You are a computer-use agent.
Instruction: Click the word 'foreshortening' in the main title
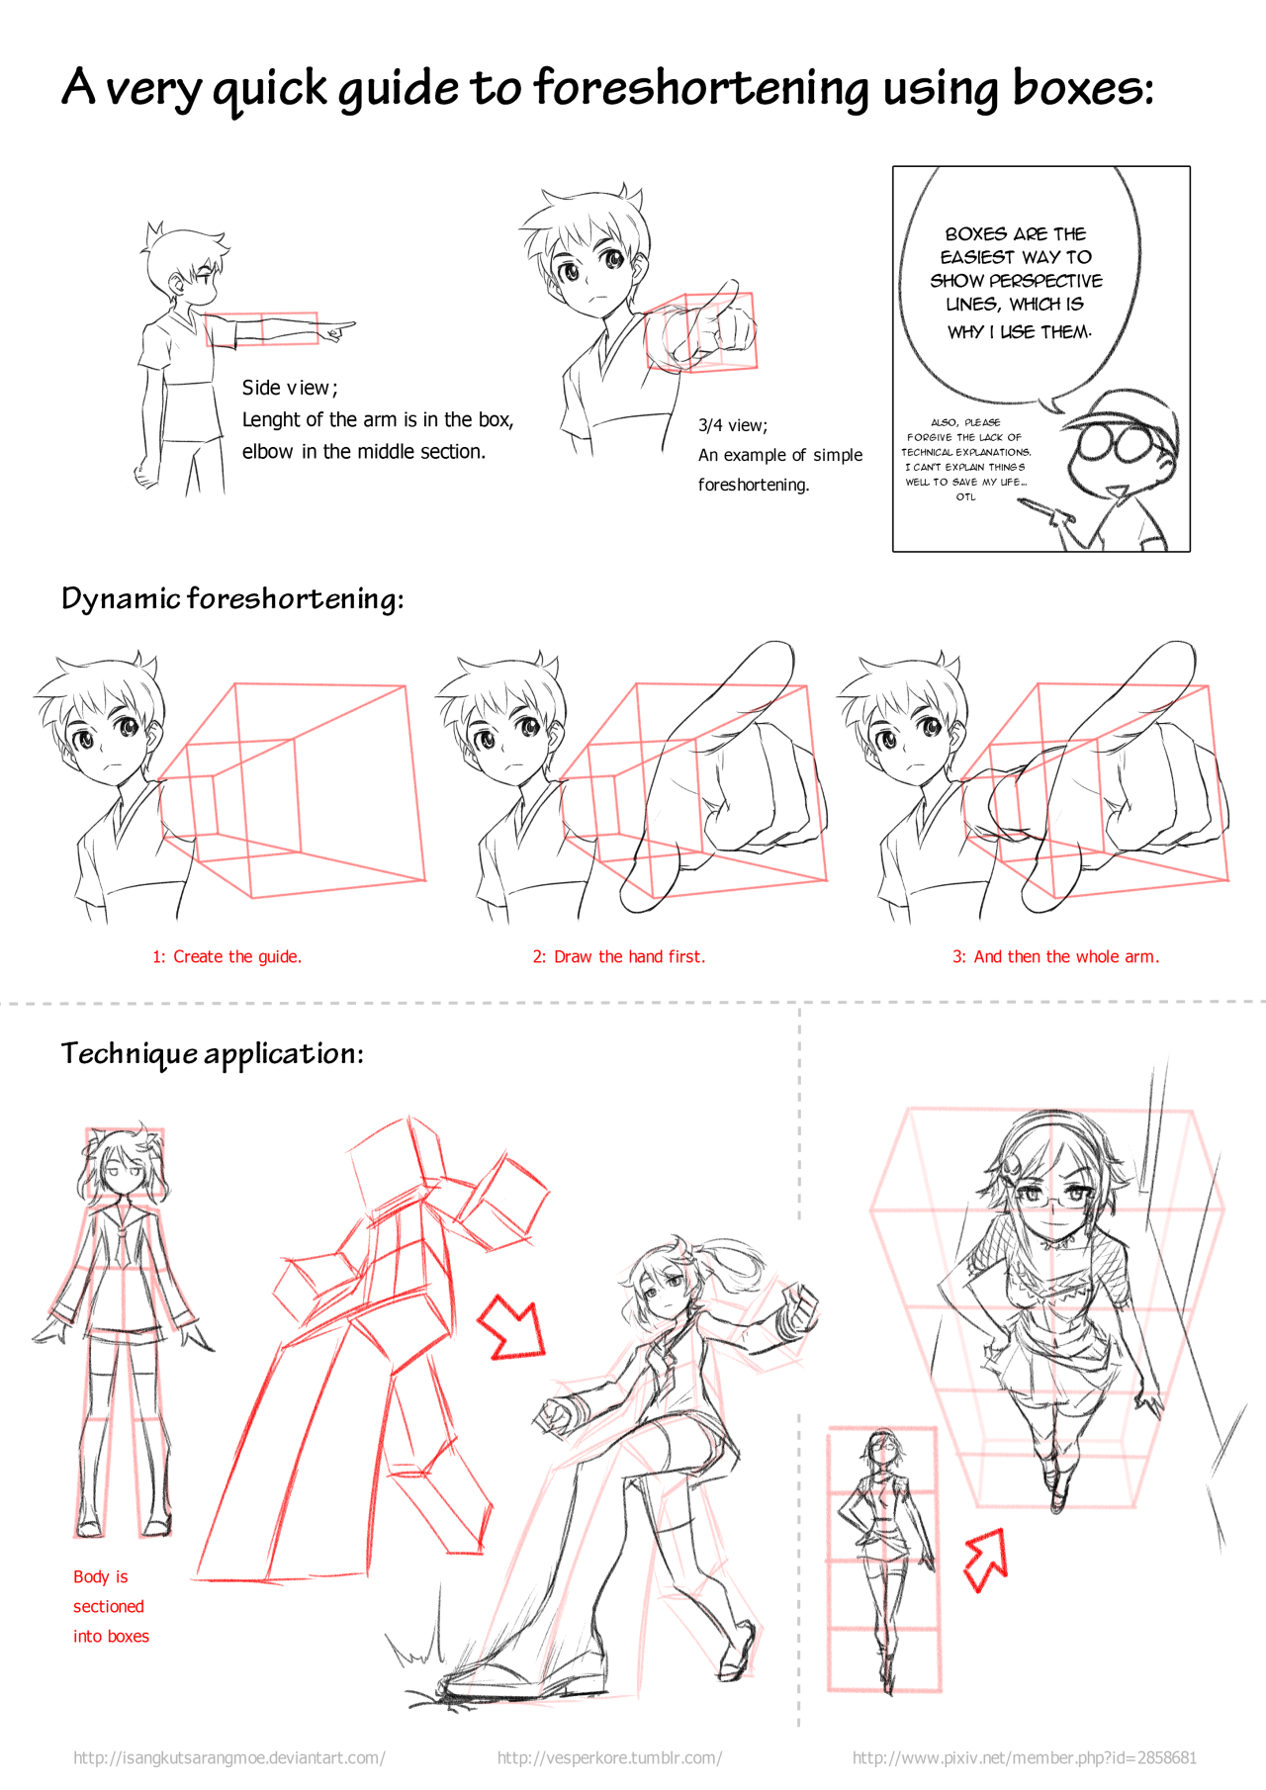pos(701,89)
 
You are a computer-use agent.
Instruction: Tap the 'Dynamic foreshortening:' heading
pos(232,599)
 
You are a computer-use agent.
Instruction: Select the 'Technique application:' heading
pos(213,1054)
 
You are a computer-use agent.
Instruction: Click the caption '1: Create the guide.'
pos(227,956)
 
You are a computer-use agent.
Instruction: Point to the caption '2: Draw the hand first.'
pos(619,956)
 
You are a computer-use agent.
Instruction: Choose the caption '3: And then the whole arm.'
pos(1056,956)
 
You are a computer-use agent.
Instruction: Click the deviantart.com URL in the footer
pos(229,1757)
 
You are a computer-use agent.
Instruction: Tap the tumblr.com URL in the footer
pos(609,1757)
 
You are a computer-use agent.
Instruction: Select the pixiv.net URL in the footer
pos(1025,1757)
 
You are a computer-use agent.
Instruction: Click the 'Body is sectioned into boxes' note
pos(111,1606)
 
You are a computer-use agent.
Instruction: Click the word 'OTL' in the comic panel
pos(965,496)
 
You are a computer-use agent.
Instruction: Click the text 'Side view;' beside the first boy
pos(290,388)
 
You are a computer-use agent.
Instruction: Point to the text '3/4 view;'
pos(733,425)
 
